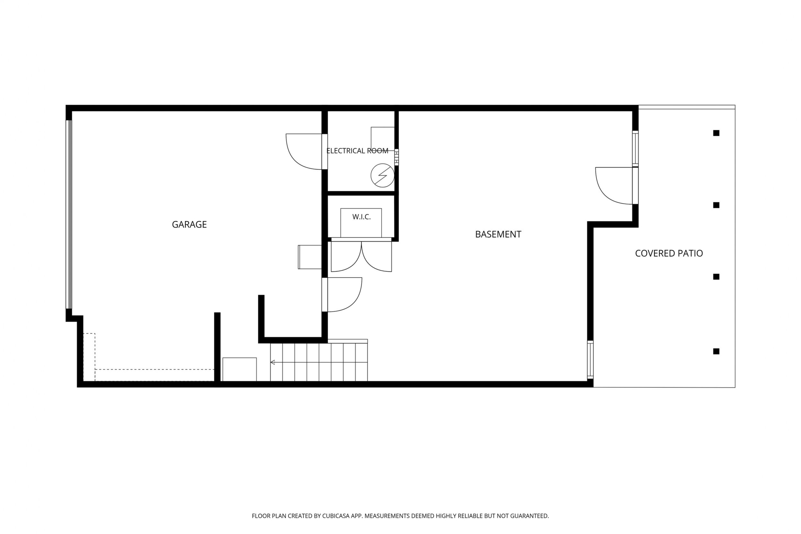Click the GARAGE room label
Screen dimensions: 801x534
coord(189,224)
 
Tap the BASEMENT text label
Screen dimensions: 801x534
coord(498,234)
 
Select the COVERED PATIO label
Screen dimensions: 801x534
coord(669,254)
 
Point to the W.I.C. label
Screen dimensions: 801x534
coord(361,217)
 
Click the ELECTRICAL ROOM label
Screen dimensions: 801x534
coord(357,151)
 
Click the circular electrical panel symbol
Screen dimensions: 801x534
coord(383,176)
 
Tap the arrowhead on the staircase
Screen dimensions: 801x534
coord(272,362)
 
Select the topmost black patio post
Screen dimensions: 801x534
coord(716,133)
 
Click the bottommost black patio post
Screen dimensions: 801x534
coord(716,351)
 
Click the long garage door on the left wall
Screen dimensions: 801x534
coord(69,214)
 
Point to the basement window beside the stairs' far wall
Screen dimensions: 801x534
coord(590,360)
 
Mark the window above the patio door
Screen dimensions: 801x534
coord(635,149)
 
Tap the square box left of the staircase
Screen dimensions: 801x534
coord(239,369)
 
